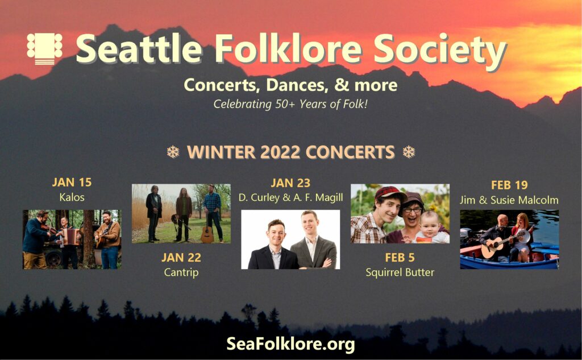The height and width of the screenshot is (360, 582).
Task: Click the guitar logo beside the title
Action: pyautogui.click(x=44, y=49)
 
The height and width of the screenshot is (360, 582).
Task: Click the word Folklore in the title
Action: pyautogui.click(x=288, y=49)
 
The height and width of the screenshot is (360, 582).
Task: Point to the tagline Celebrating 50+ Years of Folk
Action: pyautogui.click(x=290, y=104)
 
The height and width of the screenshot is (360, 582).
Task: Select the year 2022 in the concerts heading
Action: pyautogui.click(x=280, y=152)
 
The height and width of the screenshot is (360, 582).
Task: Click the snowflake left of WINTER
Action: pyautogui.click(x=173, y=152)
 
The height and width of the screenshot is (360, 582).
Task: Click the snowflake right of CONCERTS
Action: pyautogui.click(x=409, y=152)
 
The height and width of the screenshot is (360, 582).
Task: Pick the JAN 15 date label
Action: pyautogui.click(x=72, y=182)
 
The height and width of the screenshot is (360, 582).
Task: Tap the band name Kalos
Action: pyautogui.click(x=72, y=197)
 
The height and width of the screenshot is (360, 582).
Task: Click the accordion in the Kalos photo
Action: pyautogui.click(x=71, y=236)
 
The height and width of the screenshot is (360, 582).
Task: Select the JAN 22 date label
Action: pyautogui.click(x=181, y=258)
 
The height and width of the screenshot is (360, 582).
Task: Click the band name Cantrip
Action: pyautogui.click(x=181, y=272)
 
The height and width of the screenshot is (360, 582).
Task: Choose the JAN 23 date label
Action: pyautogui.click(x=290, y=183)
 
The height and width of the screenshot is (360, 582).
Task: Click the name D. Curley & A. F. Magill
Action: pyautogui.click(x=290, y=198)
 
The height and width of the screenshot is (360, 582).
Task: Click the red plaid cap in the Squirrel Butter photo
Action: pyautogui.click(x=389, y=193)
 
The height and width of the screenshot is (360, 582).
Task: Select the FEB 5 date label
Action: pyautogui.click(x=400, y=258)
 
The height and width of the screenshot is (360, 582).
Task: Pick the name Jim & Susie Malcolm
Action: pyautogui.click(x=509, y=200)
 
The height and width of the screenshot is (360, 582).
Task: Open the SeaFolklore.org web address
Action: pyautogui.click(x=290, y=344)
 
